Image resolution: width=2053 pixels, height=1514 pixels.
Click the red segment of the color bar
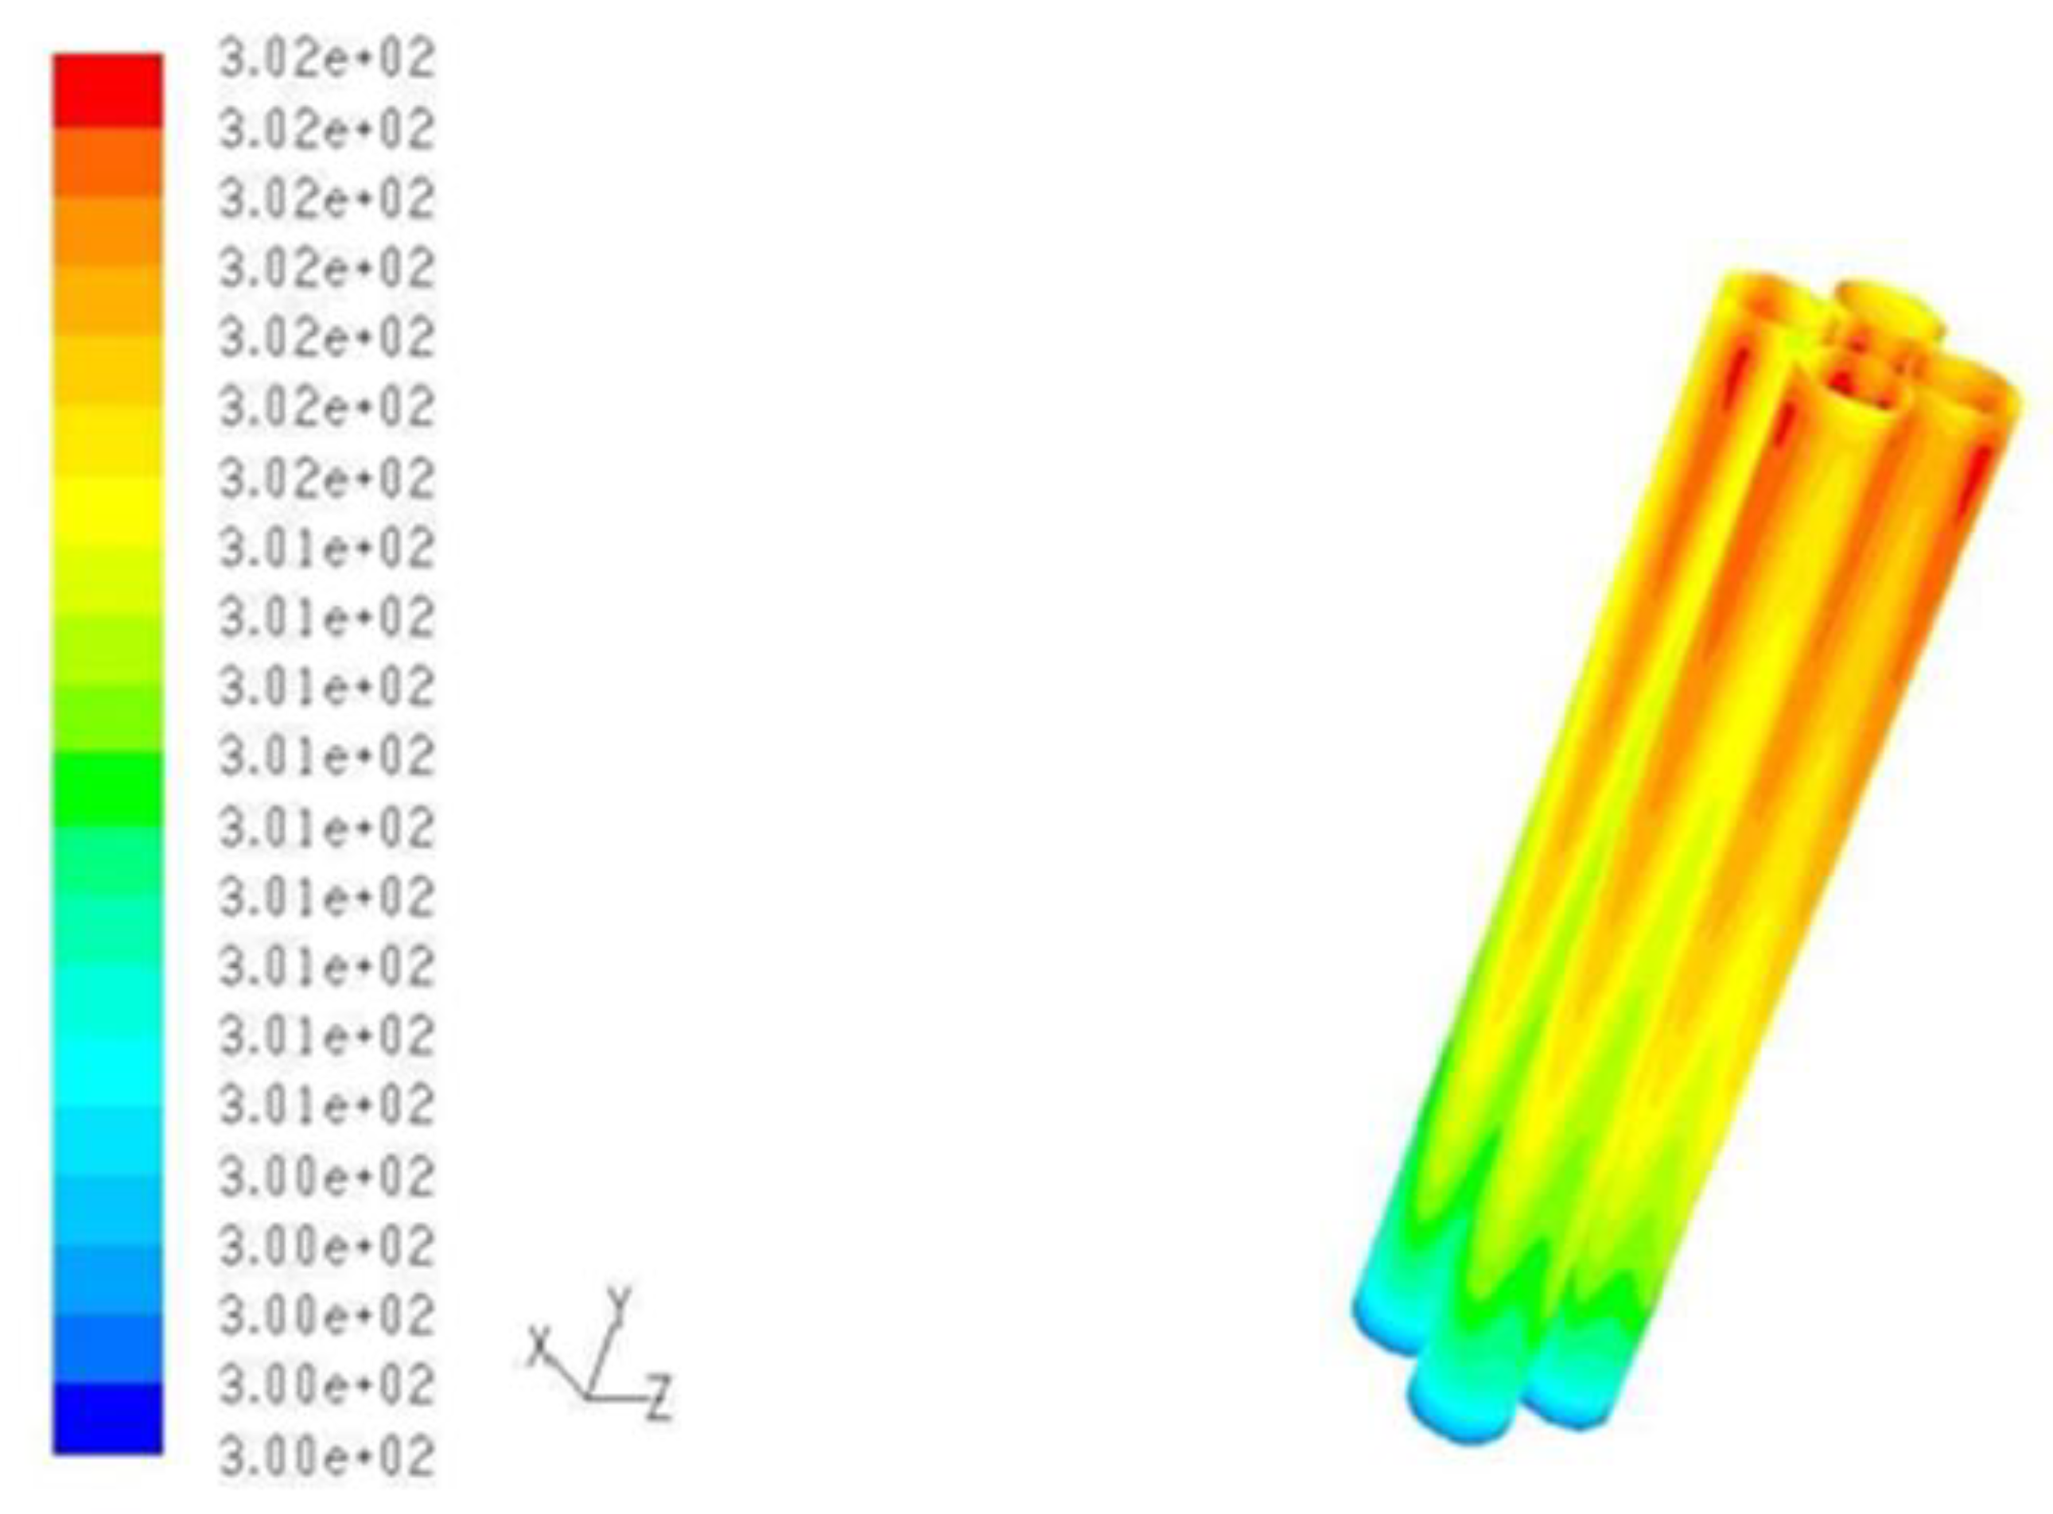(x=108, y=90)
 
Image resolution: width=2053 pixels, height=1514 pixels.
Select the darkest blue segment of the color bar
(x=108, y=1417)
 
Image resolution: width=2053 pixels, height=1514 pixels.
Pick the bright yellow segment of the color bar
(x=108, y=510)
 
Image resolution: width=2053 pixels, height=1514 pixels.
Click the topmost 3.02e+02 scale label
(x=326, y=60)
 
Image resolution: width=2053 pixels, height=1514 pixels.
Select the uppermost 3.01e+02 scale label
(x=326, y=549)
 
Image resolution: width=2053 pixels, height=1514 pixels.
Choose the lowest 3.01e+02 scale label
(x=326, y=1106)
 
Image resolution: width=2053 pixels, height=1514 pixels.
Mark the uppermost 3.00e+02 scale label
(x=326, y=1176)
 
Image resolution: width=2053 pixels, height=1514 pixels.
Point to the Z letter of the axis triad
(x=659, y=1398)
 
